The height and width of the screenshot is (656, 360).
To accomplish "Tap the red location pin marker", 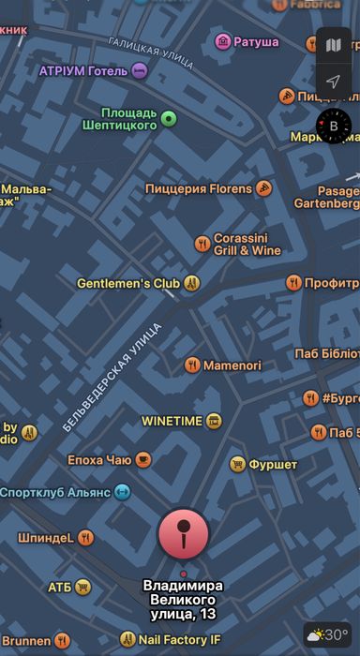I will (184, 535).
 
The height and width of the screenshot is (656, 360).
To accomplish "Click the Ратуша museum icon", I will (223, 41).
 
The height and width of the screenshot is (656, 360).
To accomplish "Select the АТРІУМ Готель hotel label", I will (83, 70).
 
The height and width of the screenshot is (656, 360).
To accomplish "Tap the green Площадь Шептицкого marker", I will (169, 118).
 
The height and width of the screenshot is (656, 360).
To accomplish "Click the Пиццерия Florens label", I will (199, 188).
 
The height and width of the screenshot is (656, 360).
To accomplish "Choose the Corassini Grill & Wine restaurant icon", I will (202, 244).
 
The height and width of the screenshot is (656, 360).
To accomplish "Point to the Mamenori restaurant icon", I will (192, 365).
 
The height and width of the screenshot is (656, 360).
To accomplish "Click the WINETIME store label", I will (172, 421).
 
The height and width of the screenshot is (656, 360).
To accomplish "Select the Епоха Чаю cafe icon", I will (142, 459).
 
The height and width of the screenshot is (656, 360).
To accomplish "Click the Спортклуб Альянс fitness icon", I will (122, 492).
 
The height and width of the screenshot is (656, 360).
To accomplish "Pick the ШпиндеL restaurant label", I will (45, 537).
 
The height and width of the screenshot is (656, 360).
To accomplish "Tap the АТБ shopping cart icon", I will (83, 588).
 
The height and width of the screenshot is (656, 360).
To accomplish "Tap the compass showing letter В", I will (333, 126).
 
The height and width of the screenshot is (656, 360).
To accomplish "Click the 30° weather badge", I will (328, 634).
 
